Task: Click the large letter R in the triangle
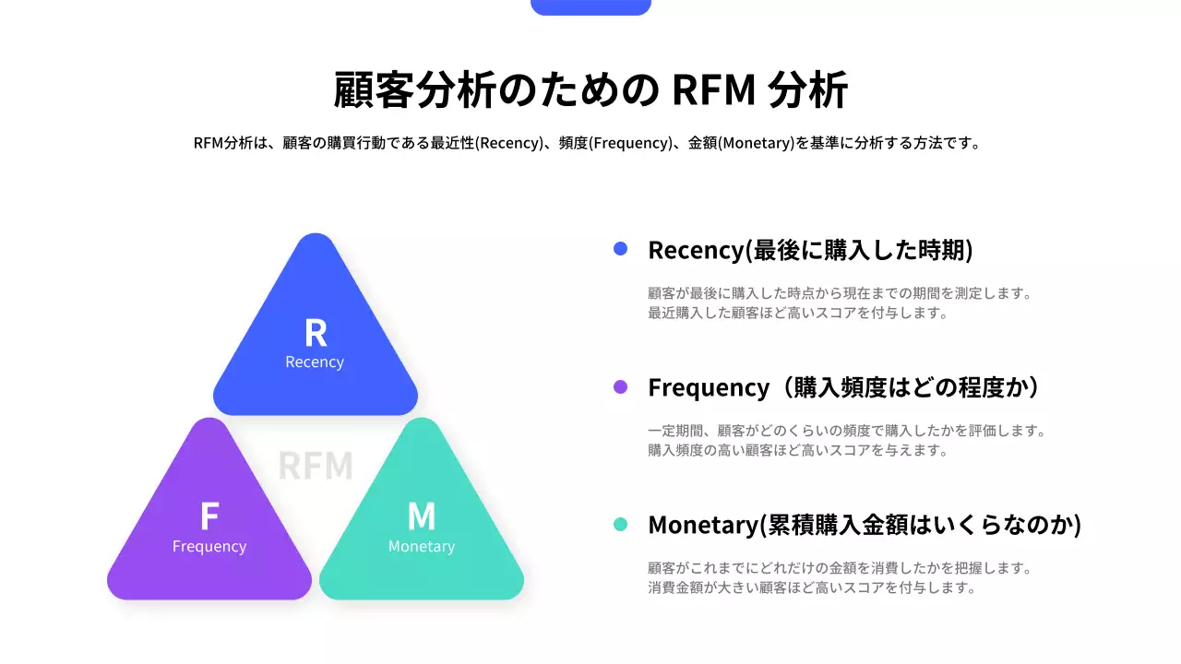(316, 333)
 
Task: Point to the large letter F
(209, 517)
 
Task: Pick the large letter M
(422, 517)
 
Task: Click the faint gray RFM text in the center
(316, 466)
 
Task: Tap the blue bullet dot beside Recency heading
(620, 249)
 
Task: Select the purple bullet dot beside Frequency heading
(620, 387)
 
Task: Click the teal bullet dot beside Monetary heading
(620, 525)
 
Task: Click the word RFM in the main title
(714, 90)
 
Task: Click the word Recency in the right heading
(696, 250)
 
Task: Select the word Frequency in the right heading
(708, 387)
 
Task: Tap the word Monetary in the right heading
(702, 525)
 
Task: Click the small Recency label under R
(315, 362)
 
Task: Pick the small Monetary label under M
(422, 547)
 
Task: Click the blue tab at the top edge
(590, 7)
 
